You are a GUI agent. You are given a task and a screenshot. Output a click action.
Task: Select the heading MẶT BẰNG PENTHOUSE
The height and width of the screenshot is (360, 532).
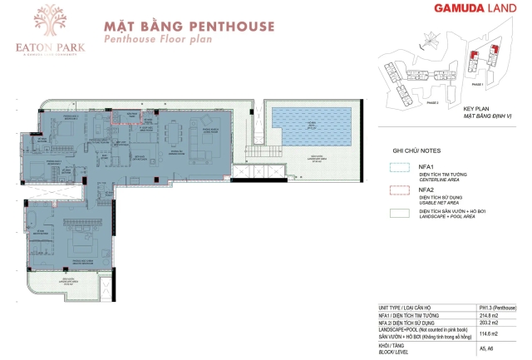click(189, 26)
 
